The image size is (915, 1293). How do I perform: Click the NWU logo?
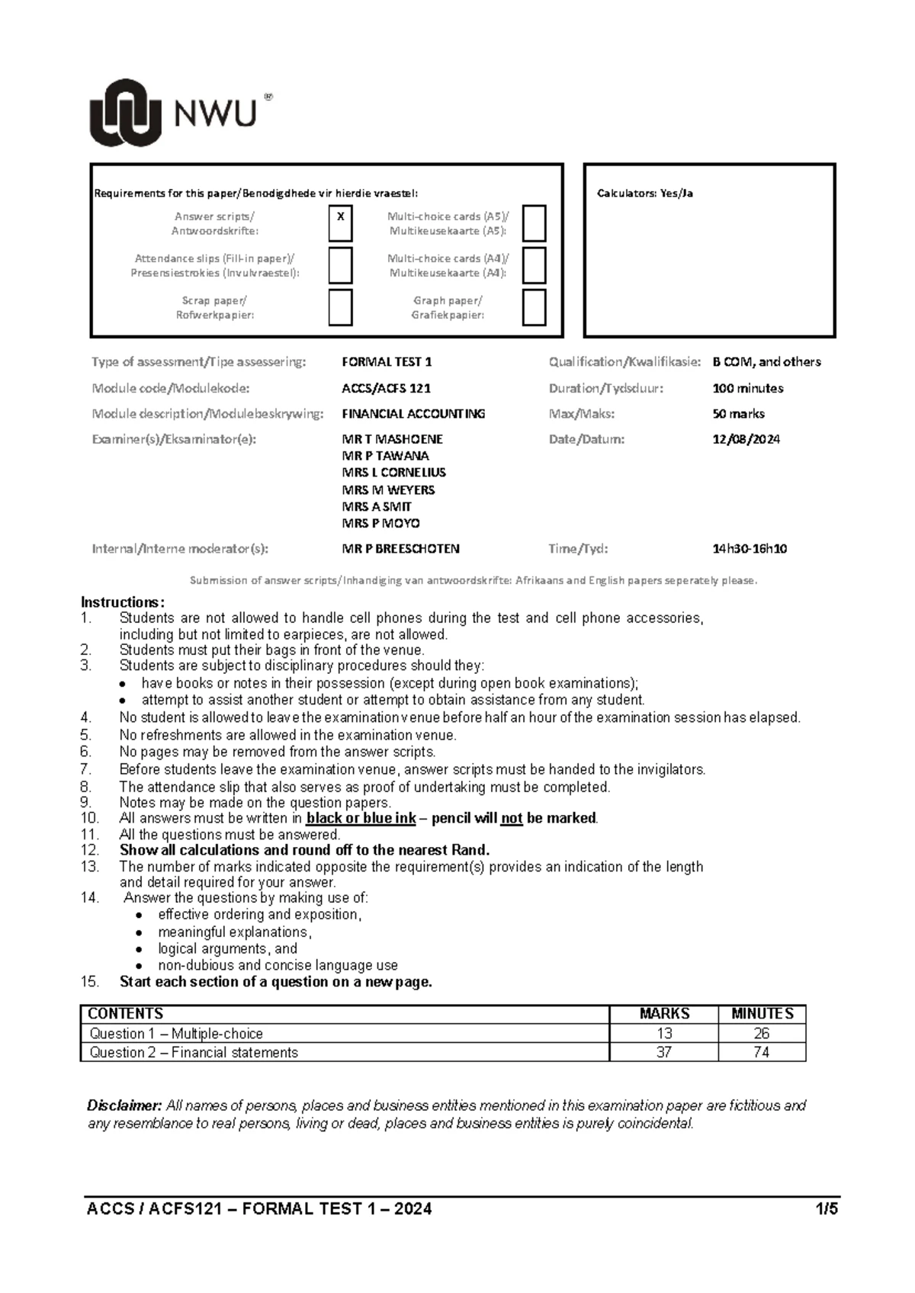180,113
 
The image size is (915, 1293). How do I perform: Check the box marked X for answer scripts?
340,223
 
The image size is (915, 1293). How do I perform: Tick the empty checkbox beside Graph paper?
534,307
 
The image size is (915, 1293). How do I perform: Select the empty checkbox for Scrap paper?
340,307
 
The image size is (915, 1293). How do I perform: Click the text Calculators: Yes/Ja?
644,194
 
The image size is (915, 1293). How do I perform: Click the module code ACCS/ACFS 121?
386,388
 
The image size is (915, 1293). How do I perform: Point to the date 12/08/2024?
746,439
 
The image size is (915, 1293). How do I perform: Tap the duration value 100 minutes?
747,388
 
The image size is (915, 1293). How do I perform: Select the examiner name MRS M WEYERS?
388,489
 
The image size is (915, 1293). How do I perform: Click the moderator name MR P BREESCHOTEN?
400,548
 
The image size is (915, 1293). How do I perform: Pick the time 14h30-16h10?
750,548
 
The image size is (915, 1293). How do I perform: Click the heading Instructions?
122,602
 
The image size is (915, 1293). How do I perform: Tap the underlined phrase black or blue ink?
361,818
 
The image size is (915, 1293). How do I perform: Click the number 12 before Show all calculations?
89,850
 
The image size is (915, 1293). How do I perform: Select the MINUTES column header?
762,1014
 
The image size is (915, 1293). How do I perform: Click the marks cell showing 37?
663,1052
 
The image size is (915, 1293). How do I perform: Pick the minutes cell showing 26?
761,1034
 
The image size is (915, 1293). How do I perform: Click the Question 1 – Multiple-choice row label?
176,1034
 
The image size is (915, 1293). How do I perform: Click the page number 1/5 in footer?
826,1209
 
